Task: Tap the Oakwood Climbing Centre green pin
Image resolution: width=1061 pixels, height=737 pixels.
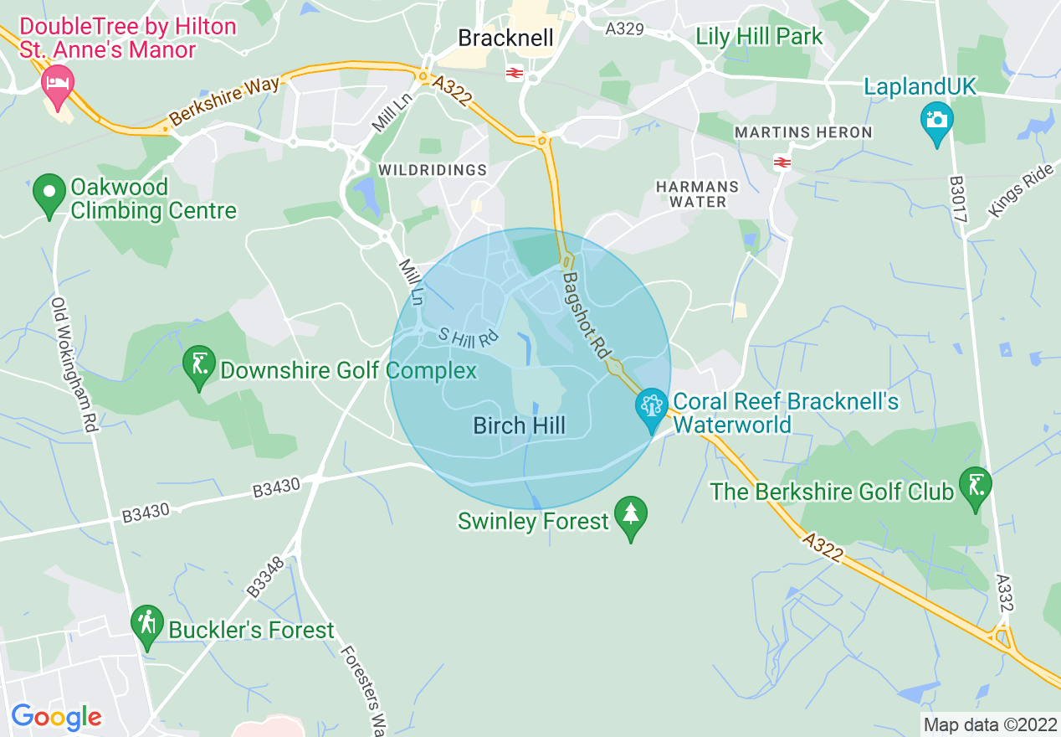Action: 49,193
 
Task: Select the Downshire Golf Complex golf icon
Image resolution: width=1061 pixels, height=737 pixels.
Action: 199,366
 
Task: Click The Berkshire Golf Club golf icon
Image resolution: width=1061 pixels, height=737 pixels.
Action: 976,487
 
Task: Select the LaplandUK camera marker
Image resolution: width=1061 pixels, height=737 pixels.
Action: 936,121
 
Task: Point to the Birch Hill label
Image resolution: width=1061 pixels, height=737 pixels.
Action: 520,425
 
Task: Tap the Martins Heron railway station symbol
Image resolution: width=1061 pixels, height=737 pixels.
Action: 783,162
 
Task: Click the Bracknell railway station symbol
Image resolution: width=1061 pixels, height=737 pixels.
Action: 515,74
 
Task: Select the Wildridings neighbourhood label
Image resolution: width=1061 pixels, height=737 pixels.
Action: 433,170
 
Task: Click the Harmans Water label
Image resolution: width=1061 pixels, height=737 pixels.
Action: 697,194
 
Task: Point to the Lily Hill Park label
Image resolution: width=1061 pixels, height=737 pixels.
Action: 760,37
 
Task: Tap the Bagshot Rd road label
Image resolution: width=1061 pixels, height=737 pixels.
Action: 585,315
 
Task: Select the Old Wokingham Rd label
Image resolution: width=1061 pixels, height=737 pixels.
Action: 74,364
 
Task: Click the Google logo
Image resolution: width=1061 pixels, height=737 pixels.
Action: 56,716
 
